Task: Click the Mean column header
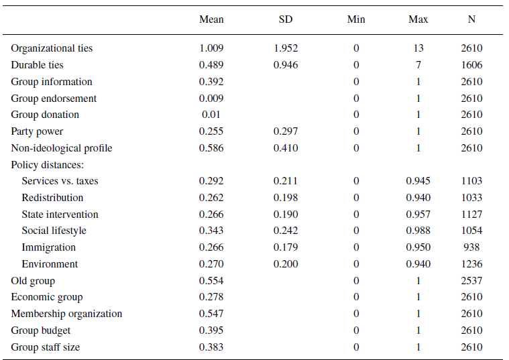click(x=211, y=19)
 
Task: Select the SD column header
click(x=286, y=19)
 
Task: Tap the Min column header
click(x=356, y=19)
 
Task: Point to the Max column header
click(x=418, y=19)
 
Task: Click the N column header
click(x=471, y=19)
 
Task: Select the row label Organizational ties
click(x=52, y=48)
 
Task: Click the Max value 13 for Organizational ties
click(x=418, y=48)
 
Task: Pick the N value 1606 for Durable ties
click(x=471, y=65)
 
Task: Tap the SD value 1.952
click(x=286, y=48)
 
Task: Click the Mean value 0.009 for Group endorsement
click(x=211, y=99)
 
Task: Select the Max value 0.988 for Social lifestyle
click(x=418, y=231)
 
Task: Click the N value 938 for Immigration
click(x=471, y=247)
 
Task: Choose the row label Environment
click(x=50, y=264)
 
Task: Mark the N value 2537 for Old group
click(x=471, y=281)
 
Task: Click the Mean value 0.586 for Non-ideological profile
click(x=211, y=148)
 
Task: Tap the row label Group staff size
click(x=45, y=347)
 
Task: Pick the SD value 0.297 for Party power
click(x=286, y=131)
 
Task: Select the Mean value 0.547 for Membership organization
click(x=211, y=314)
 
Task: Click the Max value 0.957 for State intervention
click(x=418, y=215)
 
